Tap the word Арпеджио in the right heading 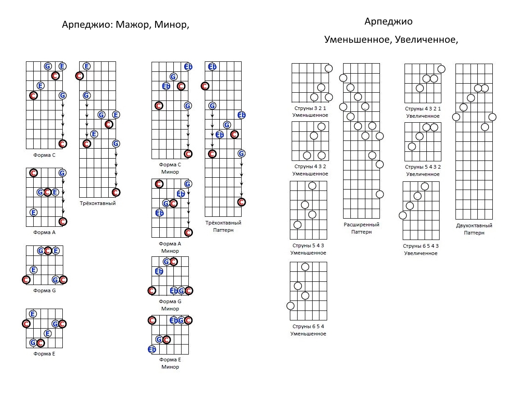click(x=389, y=21)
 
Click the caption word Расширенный click(x=361, y=225)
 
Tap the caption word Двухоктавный click(x=474, y=225)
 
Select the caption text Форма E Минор click(x=170, y=363)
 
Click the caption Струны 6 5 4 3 click(x=421, y=246)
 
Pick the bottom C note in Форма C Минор click(x=188, y=154)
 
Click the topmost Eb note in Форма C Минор click(x=188, y=67)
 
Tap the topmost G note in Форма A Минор click(x=188, y=184)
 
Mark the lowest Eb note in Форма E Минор click(x=152, y=349)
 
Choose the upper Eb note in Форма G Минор click(x=159, y=271)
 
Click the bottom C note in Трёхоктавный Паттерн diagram click(x=241, y=202)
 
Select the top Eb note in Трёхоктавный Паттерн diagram click(x=212, y=67)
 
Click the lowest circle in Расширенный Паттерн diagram click(x=379, y=194)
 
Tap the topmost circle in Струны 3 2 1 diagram click(x=329, y=69)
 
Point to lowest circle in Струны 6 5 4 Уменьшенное click(x=290, y=305)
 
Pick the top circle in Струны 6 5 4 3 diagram click(x=425, y=186)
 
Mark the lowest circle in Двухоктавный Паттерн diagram click(x=485, y=127)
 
